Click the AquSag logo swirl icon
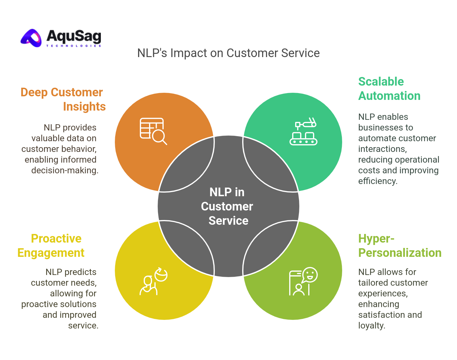[32, 38]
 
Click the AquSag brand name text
[74, 36]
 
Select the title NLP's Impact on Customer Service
[228, 53]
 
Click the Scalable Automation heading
[389, 89]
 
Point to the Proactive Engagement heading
[51, 246]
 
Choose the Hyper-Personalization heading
[400, 246]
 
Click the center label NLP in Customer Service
[228, 206]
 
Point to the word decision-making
[65, 170]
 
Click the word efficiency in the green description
[377, 181]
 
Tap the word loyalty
[371, 326]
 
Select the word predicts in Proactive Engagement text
[79, 272]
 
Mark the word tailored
[373, 283]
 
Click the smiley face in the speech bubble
[310, 274]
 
